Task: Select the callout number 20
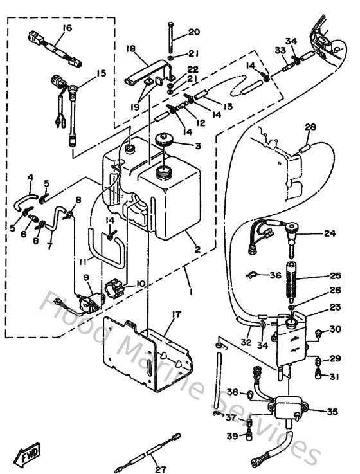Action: (194, 32)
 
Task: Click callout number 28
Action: (310, 127)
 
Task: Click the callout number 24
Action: (330, 233)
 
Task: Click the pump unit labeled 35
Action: (284, 409)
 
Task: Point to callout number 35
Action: (333, 412)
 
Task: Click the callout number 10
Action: (141, 282)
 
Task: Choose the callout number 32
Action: (246, 343)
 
